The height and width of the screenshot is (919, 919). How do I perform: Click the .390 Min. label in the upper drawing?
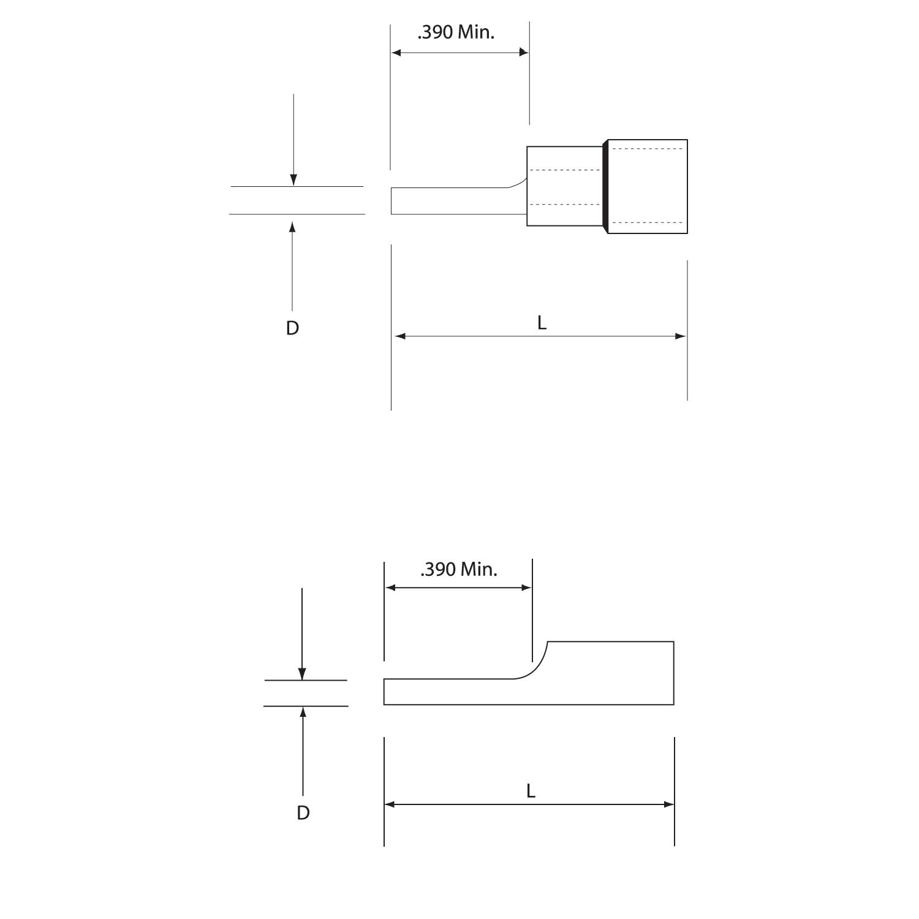click(456, 32)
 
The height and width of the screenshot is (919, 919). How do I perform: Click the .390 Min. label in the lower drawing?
click(459, 570)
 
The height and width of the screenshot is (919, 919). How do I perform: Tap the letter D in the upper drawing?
click(292, 328)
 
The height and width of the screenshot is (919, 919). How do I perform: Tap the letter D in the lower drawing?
click(303, 813)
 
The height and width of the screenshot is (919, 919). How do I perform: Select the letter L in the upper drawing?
click(542, 323)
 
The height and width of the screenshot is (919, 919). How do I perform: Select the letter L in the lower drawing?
click(531, 791)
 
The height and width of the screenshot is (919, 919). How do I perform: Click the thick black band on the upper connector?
click(605, 186)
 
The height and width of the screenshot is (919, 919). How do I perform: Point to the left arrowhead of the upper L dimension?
click(400, 336)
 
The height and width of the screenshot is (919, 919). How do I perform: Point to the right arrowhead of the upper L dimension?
click(680, 336)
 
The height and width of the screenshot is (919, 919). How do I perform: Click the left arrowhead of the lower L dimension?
click(390, 804)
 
